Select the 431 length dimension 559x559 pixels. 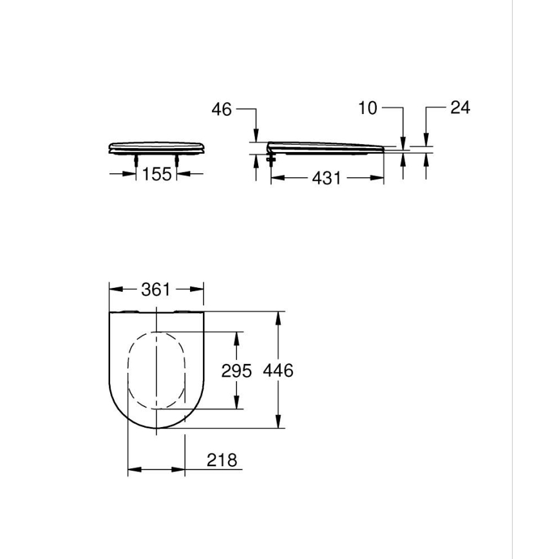tap(327, 178)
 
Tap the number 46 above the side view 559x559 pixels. tap(222, 109)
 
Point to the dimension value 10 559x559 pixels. tap(367, 108)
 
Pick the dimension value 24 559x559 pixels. tap(460, 108)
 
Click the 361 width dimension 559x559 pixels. tap(156, 290)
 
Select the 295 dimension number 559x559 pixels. tap(236, 371)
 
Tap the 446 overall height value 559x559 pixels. tap(278, 371)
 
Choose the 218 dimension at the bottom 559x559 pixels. tap(222, 460)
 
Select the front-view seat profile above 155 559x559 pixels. tap(156, 147)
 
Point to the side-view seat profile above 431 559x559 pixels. tap(325, 147)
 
